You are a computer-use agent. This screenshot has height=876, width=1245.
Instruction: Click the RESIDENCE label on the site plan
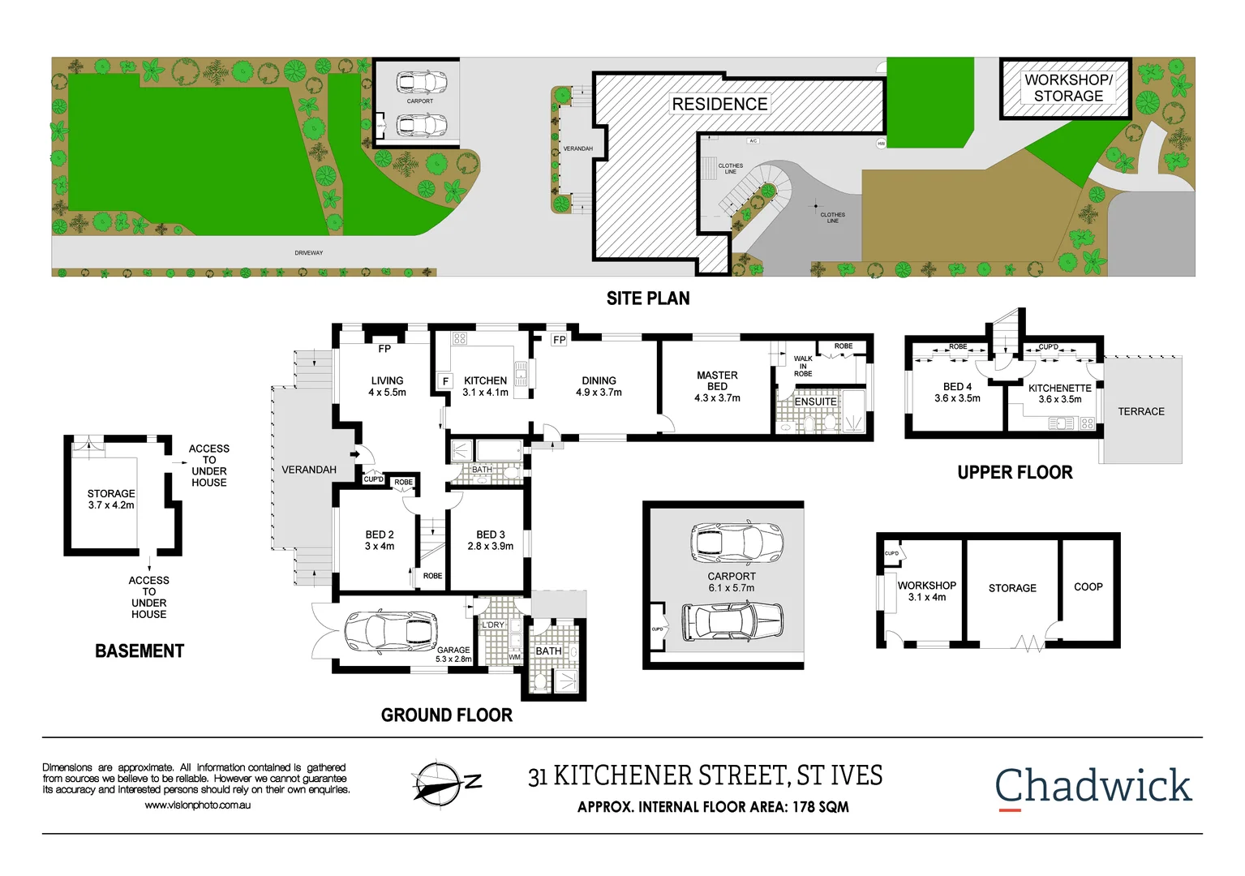coord(719,104)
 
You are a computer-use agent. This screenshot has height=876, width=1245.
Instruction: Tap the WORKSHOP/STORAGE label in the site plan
coord(1067,88)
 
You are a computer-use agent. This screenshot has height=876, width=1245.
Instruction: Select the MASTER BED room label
coord(717,387)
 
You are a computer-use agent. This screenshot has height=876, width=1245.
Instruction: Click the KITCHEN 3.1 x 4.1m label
coord(485,386)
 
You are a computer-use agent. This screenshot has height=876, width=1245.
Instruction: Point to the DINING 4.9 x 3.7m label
coord(599,386)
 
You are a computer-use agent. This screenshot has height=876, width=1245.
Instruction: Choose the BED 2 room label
coord(380,540)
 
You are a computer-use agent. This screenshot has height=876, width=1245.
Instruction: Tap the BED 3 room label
coord(491,540)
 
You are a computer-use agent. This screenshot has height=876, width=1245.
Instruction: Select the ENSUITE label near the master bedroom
coord(815,401)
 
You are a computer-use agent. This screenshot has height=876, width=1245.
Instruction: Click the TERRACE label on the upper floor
coord(1140,411)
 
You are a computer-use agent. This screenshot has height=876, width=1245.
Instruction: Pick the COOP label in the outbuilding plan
coord(1088,586)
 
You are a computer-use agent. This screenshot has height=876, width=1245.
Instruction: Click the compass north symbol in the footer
coord(439,784)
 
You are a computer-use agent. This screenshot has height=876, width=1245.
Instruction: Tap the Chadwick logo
coord(1093,786)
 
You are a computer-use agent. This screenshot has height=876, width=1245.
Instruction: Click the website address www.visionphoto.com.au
coord(197,805)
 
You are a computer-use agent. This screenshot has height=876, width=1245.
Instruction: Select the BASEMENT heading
coord(140,651)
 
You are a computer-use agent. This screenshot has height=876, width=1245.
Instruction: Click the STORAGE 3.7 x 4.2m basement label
coord(111,499)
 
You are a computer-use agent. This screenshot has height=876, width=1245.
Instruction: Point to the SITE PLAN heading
coord(648,298)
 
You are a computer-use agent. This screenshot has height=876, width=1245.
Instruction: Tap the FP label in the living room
coord(384,349)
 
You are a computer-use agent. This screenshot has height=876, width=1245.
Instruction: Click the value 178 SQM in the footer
coord(820,807)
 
